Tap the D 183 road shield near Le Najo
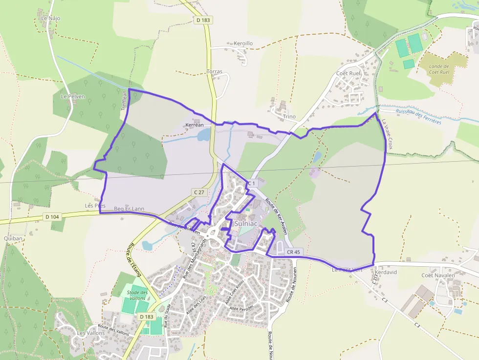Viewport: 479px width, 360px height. click(203, 20)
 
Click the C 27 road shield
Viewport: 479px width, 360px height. click(199, 192)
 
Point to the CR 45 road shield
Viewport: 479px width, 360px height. click(293, 252)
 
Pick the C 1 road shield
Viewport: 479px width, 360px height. click(251, 183)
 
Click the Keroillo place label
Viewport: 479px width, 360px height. click(243, 43)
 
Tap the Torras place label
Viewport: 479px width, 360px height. click(215, 71)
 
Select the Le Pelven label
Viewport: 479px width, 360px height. click(73, 96)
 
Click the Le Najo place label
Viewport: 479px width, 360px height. click(50, 18)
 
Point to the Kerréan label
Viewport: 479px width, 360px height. click(194, 125)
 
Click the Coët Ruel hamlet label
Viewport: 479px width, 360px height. click(348, 73)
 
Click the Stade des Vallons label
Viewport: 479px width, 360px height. click(137, 295)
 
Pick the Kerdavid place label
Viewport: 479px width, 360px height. click(386, 272)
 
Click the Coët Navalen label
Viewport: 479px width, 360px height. click(438, 275)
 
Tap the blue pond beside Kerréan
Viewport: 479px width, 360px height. click(204, 135)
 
